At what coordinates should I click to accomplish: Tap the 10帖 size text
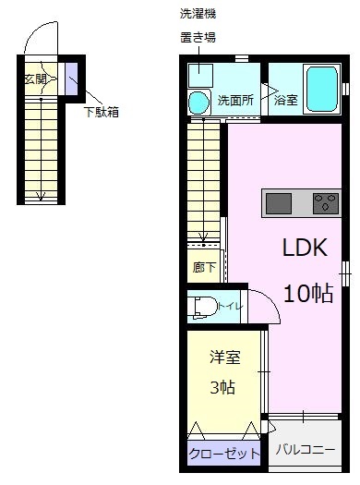[x=308, y=295]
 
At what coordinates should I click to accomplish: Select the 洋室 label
[x=224, y=358]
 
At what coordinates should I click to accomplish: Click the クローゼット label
[x=224, y=455]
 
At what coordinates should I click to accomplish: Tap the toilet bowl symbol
[x=202, y=305]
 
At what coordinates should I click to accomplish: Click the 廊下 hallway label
[x=204, y=268]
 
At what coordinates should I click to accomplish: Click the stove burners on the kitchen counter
[x=326, y=202]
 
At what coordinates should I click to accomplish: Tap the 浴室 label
[x=285, y=101]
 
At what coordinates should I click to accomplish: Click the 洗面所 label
[x=235, y=100]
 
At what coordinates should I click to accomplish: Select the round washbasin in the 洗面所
[x=199, y=102]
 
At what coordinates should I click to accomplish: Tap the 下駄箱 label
[x=102, y=113]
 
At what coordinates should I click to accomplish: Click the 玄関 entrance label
[x=35, y=78]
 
